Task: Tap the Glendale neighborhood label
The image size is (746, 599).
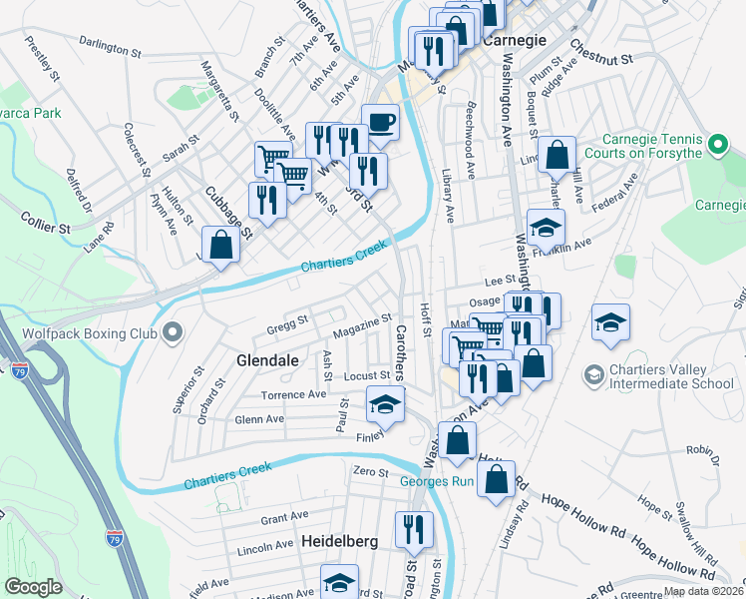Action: (x=267, y=360)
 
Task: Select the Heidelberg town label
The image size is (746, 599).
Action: (x=340, y=540)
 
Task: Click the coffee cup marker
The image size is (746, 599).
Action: (x=380, y=124)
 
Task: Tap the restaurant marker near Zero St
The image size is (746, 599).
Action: (x=413, y=528)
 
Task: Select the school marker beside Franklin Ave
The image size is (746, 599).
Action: (x=546, y=229)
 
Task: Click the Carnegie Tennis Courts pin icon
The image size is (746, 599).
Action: (x=715, y=147)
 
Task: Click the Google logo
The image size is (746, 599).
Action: (x=33, y=587)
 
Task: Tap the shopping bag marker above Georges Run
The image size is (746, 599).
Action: (x=457, y=441)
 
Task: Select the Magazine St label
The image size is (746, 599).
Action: (x=361, y=325)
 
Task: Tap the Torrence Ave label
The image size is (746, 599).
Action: (x=294, y=394)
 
